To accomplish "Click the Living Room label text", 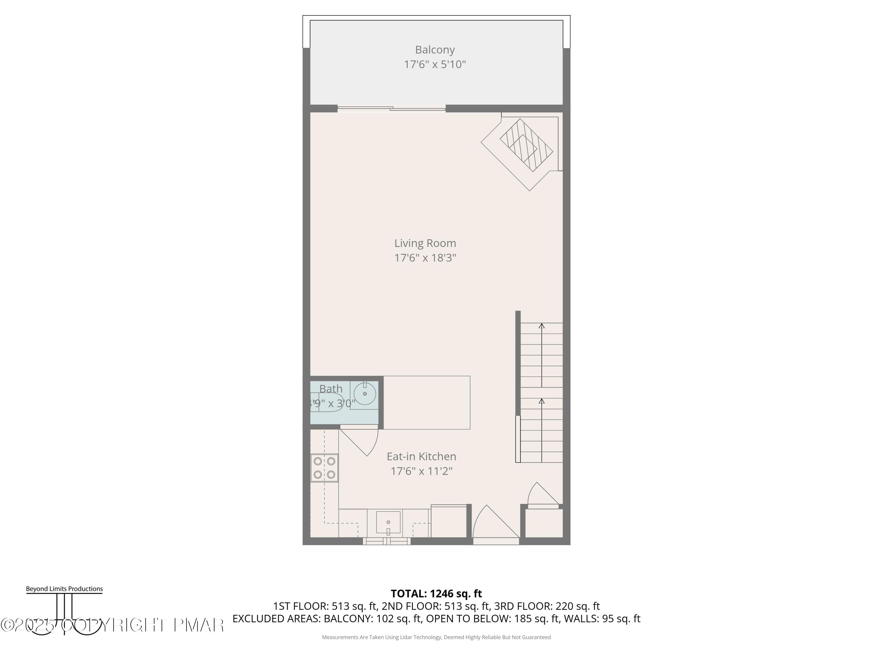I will tap(425, 243).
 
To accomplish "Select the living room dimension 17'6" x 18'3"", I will tap(425, 258).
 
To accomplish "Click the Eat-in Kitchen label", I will tap(421, 456).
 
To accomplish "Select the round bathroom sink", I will tap(364, 394).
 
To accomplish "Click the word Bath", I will tap(331, 389).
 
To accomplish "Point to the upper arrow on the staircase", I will tap(542, 326).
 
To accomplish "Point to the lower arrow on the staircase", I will tap(542, 401).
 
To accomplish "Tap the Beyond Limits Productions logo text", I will tap(64, 589).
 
